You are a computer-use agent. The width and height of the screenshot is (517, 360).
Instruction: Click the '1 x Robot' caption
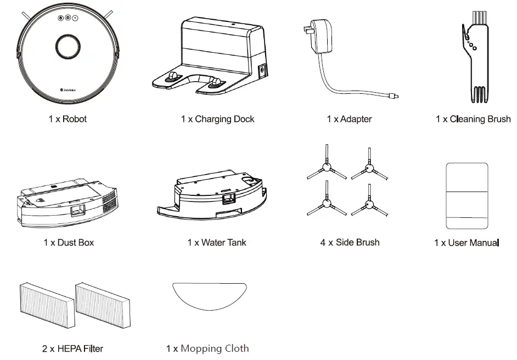pyautogui.click(x=68, y=119)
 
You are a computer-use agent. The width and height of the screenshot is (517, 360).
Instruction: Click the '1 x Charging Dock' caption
pyautogui.click(x=217, y=119)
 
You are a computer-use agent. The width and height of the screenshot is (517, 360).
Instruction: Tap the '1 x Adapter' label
pyautogui.click(x=349, y=119)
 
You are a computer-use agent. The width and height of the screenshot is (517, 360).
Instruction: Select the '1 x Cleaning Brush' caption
pyautogui.click(x=473, y=119)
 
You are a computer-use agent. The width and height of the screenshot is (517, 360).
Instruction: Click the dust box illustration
pyautogui.click(x=66, y=200)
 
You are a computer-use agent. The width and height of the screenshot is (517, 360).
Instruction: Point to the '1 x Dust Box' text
pyautogui.click(x=69, y=243)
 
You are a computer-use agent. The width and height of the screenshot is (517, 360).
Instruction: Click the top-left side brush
pyautogui.click(x=326, y=165)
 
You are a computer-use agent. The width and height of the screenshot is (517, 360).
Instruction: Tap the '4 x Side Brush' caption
pyautogui.click(x=350, y=243)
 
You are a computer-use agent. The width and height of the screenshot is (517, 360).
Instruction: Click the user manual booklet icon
pyautogui.click(x=467, y=195)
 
